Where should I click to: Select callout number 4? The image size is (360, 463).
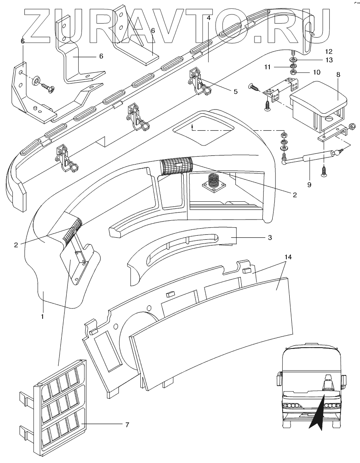click(x=209, y=18)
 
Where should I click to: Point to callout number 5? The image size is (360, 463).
click(x=235, y=91)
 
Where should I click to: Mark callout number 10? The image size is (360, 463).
click(x=317, y=72)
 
